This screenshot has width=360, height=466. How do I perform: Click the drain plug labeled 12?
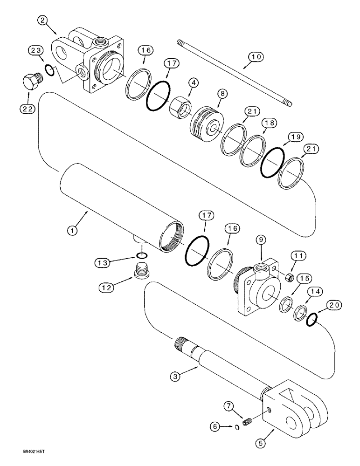coord(141,271)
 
